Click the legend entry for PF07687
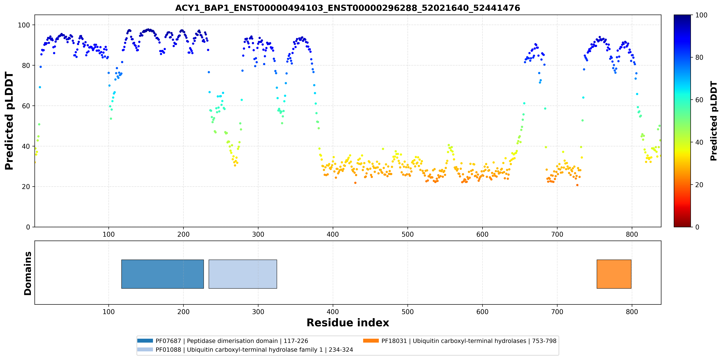223,341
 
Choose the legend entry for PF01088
245,350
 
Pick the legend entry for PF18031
459,341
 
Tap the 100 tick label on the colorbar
701,15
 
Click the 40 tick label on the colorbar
699,142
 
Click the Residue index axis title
348,323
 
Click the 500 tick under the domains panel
408,312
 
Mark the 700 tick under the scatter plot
557,234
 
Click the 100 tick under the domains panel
109,312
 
